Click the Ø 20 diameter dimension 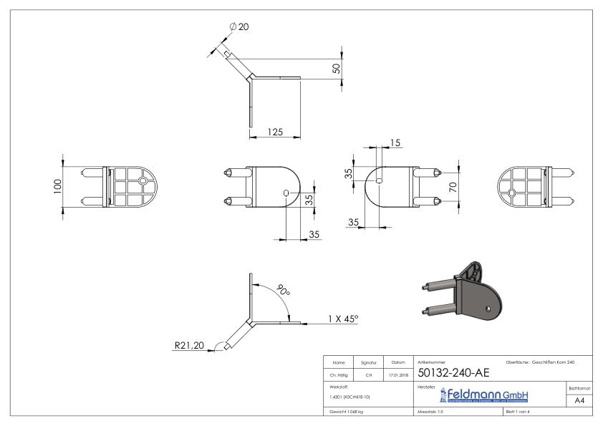[x=239, y=26]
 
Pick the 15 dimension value [x=395, y=143]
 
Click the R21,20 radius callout [x=189, y=346]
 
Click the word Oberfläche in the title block [x=518, y=362]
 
